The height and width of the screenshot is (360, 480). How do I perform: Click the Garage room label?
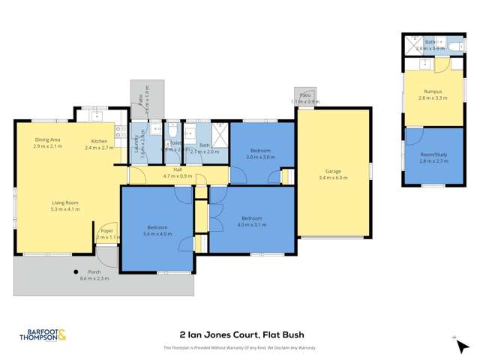pos(333,171)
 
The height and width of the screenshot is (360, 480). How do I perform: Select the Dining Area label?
pos(46,140)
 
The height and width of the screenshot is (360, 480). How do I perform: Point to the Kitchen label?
pos(100,142)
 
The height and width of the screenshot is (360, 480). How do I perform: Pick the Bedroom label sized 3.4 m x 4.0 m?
pos(157,227)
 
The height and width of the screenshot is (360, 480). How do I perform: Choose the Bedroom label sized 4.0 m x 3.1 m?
pos(251,218)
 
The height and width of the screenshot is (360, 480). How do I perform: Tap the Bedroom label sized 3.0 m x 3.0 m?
pos(261,151)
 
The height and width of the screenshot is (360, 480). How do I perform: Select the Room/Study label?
pos(433,154)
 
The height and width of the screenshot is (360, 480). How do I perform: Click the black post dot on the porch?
pos(76,271)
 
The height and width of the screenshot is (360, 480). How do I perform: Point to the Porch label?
pos(94,271)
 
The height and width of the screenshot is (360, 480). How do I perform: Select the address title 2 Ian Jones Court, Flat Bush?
pos(241,334)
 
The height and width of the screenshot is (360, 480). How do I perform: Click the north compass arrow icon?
pos(454,339)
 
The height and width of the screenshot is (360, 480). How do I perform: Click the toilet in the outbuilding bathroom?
pos(457,46)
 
